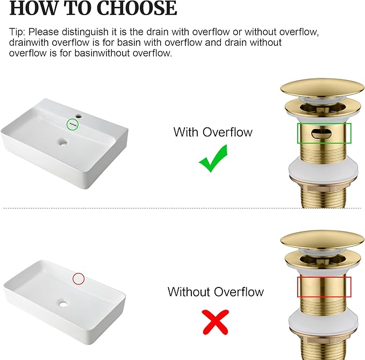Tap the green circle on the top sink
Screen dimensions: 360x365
73,124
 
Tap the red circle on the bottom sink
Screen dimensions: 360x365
78,278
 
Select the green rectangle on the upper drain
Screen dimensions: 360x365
324,133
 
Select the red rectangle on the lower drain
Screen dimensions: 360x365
324,287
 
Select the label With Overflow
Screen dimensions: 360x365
213,132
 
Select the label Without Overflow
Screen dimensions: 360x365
216,292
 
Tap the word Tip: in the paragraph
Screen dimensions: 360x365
19,31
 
